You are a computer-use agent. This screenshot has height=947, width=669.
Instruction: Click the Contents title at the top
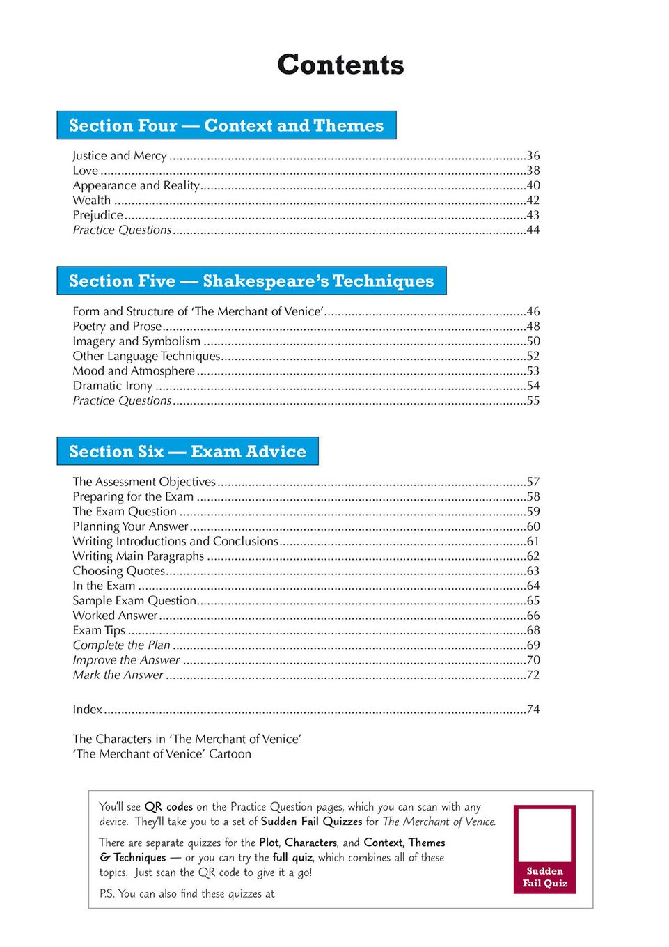coord(340,65)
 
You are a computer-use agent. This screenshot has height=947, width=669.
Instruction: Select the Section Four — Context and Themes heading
coord(226,125)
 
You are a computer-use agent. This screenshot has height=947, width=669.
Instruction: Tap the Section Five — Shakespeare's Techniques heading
coord(251,281)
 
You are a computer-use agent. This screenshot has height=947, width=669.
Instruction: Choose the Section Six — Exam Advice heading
coord(187,451)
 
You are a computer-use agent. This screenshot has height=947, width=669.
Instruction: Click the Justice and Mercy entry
coord(120,156)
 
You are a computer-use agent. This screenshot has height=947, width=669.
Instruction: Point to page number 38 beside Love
coord(533,171)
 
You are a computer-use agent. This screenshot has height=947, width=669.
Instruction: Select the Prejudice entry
coord(98,215)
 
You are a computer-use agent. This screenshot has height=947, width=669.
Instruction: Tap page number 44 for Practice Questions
coord(533,230)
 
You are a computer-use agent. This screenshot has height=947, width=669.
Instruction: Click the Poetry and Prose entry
coord(117,327)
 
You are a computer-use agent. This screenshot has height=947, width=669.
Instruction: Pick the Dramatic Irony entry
coord(113,386)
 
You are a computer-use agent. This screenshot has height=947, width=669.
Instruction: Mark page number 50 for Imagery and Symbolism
coord(533,341)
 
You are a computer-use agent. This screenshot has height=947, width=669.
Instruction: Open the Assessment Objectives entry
coord(144,482)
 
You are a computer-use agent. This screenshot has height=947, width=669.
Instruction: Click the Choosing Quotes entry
coord(119,571)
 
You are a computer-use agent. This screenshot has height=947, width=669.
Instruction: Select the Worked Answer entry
coord(116,616)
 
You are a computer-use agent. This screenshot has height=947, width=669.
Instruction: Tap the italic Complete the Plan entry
coord(122,645)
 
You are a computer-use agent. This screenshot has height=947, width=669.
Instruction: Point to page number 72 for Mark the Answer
coord(533,675)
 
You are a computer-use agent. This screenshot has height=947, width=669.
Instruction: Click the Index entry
coord(88,710)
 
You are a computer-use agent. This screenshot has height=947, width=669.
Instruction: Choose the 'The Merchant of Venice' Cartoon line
coord(162,754)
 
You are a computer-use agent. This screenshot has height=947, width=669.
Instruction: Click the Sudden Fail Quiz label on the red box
coord(545,877)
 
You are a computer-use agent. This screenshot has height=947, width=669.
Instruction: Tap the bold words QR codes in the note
coord(168,807)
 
